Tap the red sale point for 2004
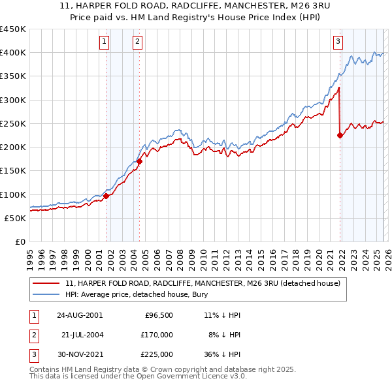[x=140, y=161]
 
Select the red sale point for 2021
[x=340, y=135]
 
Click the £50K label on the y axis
[x=16, y=218]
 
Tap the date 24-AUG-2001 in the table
[x=79, y=315]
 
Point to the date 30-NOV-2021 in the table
[x=79, y=354]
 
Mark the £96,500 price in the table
[x=159, y=315]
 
